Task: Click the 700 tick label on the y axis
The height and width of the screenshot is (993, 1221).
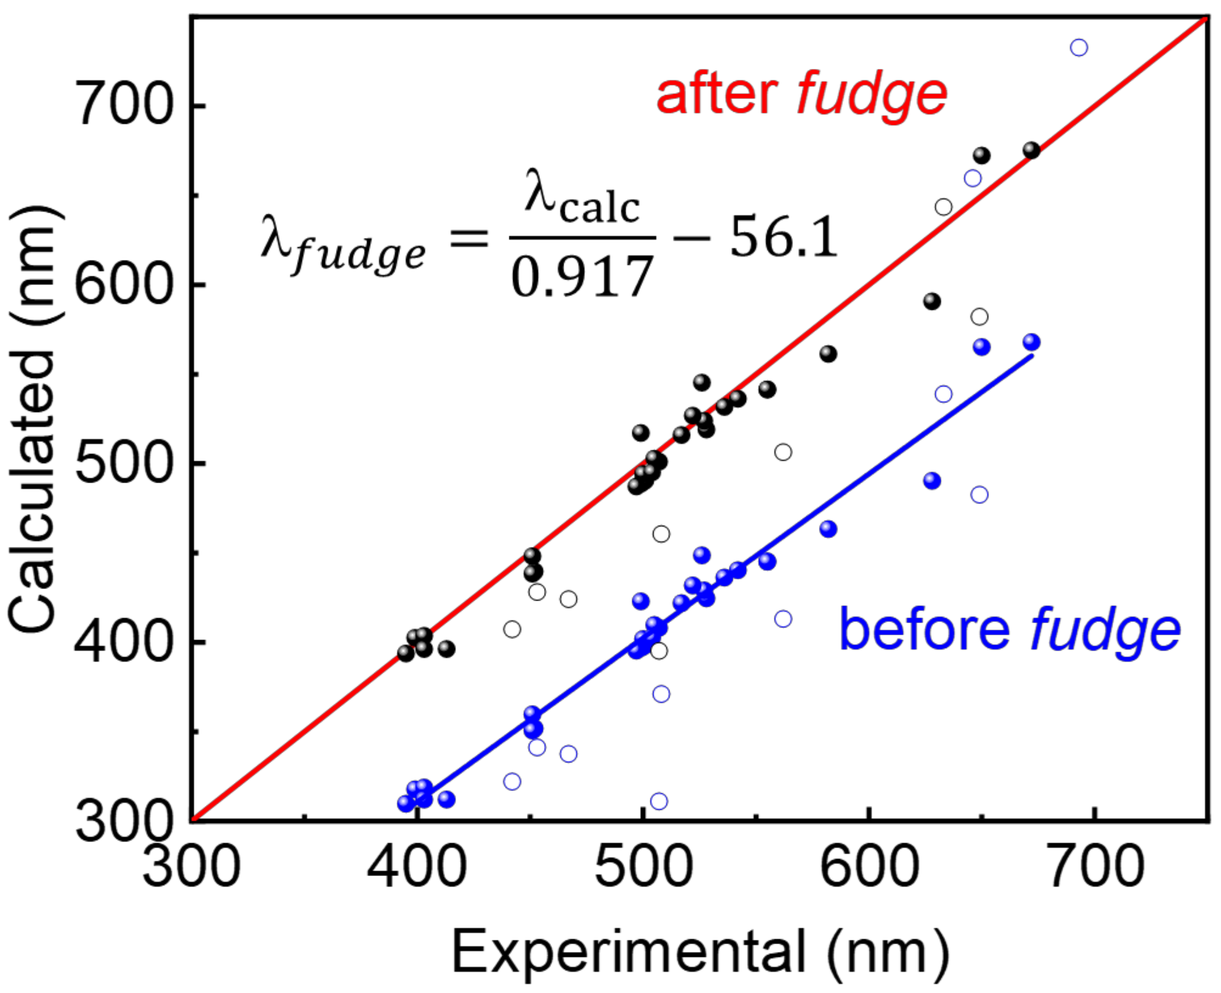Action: [x=123, y=107]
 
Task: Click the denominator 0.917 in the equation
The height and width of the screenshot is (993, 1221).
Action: [x=582, y=277]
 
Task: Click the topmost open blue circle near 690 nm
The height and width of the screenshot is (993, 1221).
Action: [x=1078, y=47]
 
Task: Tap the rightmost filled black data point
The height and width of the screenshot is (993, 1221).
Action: [x=1032, y=150]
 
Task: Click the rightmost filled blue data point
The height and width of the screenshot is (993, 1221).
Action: [x=1032, y=342]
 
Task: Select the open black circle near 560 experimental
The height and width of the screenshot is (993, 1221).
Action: [x=783, y=452]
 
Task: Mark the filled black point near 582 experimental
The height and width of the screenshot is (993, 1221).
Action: [x=828, y=354]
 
